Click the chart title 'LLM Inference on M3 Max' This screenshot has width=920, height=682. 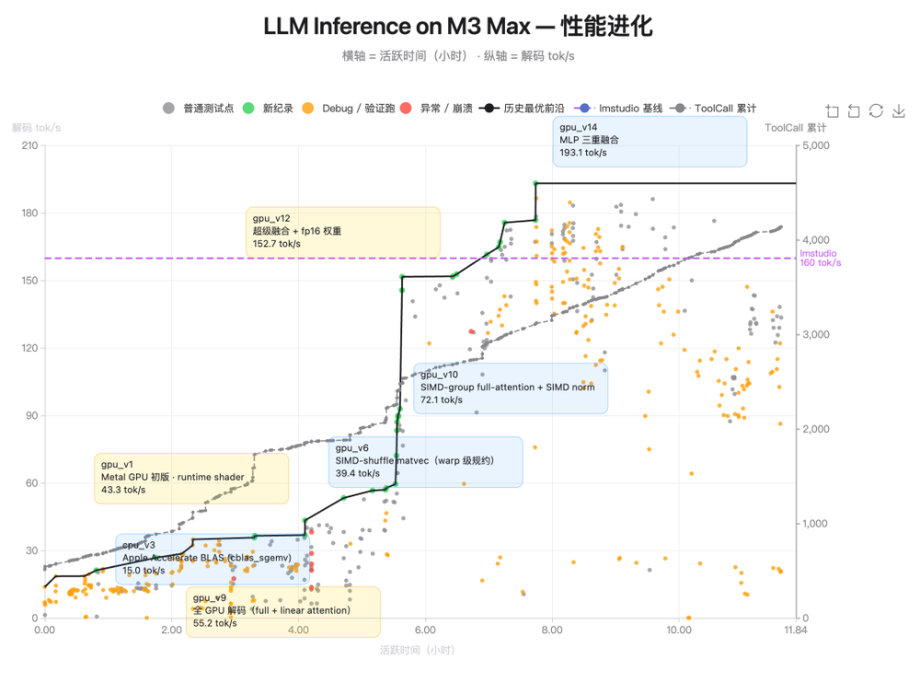[x=458, y=27]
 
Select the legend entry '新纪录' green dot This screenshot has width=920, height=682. [x=248, y=109]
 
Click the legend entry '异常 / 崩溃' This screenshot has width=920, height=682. [x=406, y=109]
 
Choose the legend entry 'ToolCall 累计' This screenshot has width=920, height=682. [x=681, y=109]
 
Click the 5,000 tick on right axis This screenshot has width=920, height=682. [x=815, y=145]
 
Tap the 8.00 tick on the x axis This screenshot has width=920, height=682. [x=551, y=630]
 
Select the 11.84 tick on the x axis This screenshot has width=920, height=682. [x=795, y=630]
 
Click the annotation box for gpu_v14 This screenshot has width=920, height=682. [x=650, y=141]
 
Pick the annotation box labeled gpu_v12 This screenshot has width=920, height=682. [x=343, y=231]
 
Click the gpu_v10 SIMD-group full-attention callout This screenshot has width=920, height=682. [x=510, y=387]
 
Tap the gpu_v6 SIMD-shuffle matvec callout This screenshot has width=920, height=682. [x=425, y=461]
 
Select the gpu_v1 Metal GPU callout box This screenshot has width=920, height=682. [x=191, y=478]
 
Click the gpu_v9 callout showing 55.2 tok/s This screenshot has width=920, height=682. [x=282, y=611]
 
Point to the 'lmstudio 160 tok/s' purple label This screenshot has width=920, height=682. [x=820, y=258]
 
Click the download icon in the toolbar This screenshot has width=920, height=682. [x=898, y=111]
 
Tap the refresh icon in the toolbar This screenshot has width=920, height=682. [x=876, y=111]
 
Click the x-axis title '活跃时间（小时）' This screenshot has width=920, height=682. [x=417, y=650]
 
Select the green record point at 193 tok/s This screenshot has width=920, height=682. [x=535, y=183]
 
